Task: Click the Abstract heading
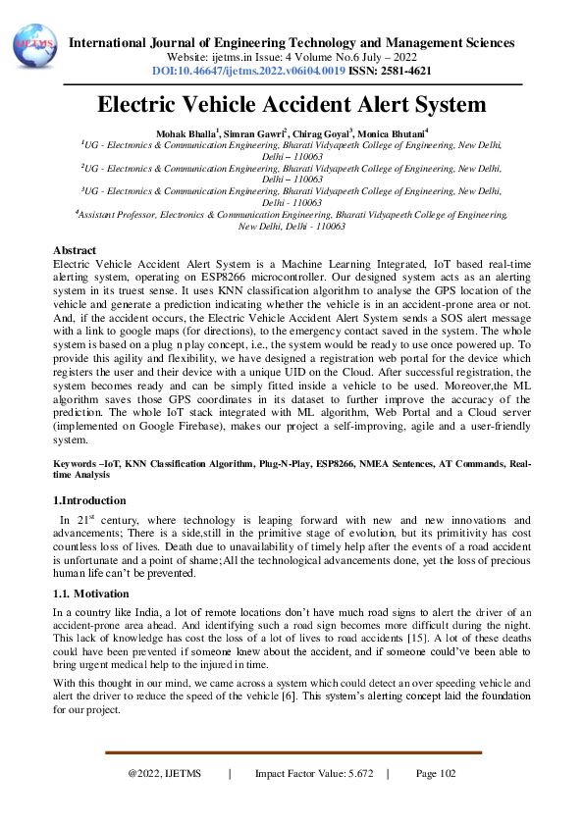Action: coord(74,251)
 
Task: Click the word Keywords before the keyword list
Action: coord(75,460)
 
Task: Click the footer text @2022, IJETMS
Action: coord(164,774)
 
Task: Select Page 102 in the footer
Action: coord(436,774)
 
